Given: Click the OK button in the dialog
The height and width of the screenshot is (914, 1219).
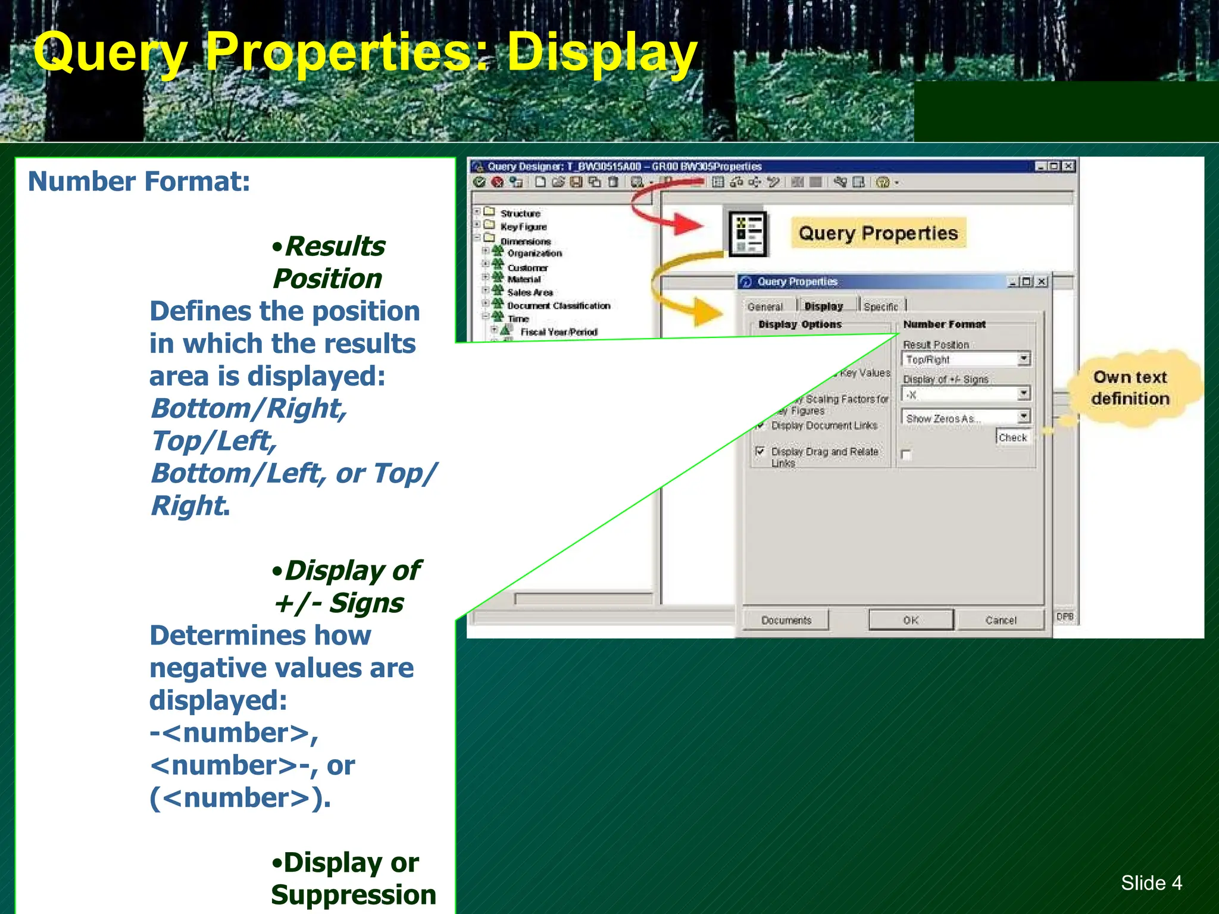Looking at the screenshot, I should pyautogui.click(x=911, y=620).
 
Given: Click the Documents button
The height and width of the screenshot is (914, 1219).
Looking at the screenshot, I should pyautogui.click(x=786, y=620).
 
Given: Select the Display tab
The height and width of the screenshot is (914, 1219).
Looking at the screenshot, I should pyautogui.click(x=824, y=306).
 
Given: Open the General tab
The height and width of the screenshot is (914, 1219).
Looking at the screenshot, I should pyautogui.click(x=765, y=306).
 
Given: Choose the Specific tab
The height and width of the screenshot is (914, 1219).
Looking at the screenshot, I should pyautogui.click(x=881, y=306).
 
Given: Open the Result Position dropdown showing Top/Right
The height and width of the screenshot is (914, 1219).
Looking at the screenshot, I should pyautogui.click(x=1024, y=359).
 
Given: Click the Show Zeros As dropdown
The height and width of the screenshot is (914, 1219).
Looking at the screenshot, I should pyautogui.click(x=1024, y=417).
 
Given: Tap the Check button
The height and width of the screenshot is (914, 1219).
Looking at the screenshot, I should pyautogui.click(x=1012, y=437).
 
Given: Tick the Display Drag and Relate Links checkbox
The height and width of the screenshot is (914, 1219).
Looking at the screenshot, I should pyautogui.click(x=759, y=451).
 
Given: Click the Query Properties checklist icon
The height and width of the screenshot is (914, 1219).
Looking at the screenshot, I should pyautogui.click(x=748, y=234).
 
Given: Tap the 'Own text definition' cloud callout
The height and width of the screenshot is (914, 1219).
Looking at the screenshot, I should pyautogui.click(x=1130, y=388).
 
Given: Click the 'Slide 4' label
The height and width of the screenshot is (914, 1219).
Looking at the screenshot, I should pyautogui.click(x=1151, y=882).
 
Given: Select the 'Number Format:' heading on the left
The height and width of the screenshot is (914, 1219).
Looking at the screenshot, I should pyautogui.click(x=139, y=181).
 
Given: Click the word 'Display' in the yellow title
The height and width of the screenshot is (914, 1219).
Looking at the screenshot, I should pyautogui.click(x=601, y=54).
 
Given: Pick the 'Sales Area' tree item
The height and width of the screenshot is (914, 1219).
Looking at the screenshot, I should pyautogui.click(x=530, y=292).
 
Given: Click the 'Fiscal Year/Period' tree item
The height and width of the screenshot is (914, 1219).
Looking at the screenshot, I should pyautogui.click(x=558, y=332).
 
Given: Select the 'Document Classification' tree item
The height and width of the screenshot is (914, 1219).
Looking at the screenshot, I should pyautogui.click(x=558, y=306).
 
